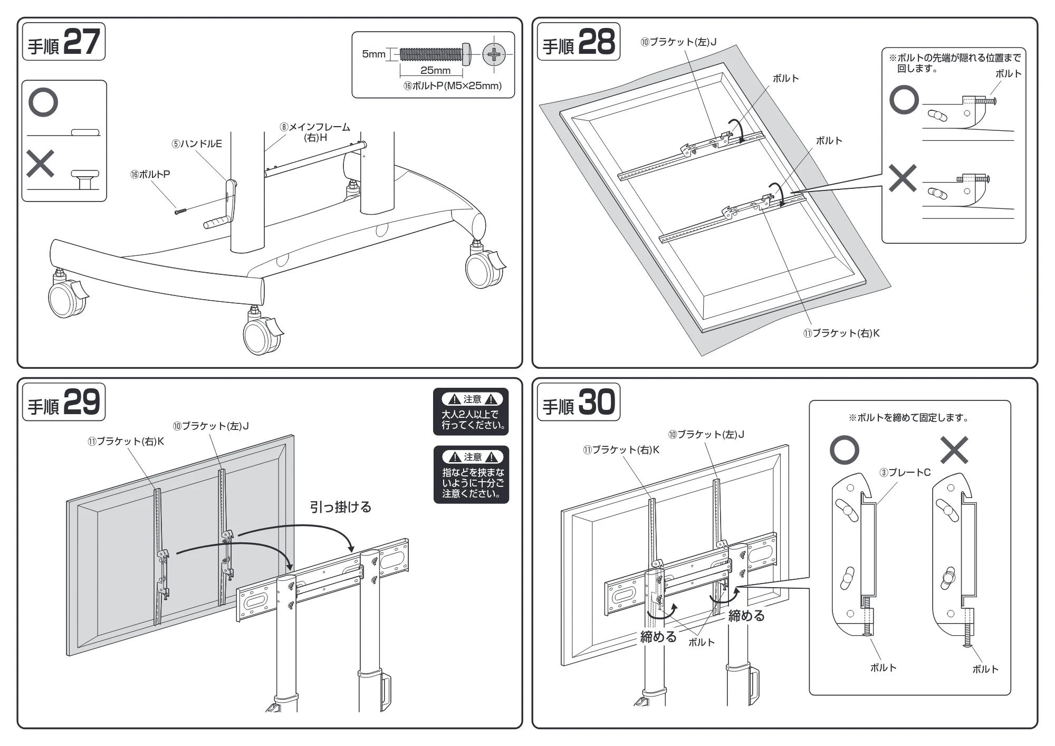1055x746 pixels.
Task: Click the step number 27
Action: [x=82, y=42]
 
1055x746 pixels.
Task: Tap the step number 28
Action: [x=597, y=42]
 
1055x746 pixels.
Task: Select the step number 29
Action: [x=82, y=403]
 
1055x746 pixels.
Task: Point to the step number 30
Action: [x=597, y=403]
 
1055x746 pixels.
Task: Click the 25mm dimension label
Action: [x=435, y=70]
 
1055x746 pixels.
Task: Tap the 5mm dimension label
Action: [x=373, y=54]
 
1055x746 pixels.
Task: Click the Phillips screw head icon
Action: [x=494, y=54]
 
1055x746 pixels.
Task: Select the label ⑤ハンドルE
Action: [x=197, y=144]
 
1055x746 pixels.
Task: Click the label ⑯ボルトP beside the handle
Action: [x=150, y=175]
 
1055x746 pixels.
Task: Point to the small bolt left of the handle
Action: [x=180, y=211]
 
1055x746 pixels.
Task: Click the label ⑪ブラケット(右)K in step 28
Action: [x=841, y=333]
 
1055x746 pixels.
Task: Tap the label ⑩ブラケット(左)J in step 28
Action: [x=678, y=42]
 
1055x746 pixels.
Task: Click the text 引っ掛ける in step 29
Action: [x=341, y=508]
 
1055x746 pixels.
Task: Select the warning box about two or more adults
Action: [x=471, y=412]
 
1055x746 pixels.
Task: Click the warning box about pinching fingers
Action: [x=471, y=475]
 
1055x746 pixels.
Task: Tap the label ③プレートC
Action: [x=905, y=473]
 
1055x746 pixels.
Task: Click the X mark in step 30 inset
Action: [x=955, y=450]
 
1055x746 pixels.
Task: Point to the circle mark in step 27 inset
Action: [x=43, y=102]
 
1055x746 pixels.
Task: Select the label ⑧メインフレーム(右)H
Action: [x=315, y=132]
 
